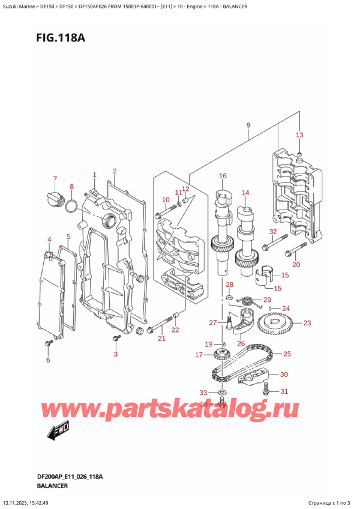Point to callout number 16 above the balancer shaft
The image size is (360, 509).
click(223, 176)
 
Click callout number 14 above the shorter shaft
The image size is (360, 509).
click(245, 193)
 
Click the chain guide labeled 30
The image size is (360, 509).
click(253, 378)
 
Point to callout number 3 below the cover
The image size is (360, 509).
click(116, 354)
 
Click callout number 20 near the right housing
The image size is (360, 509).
click(295, 265)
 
